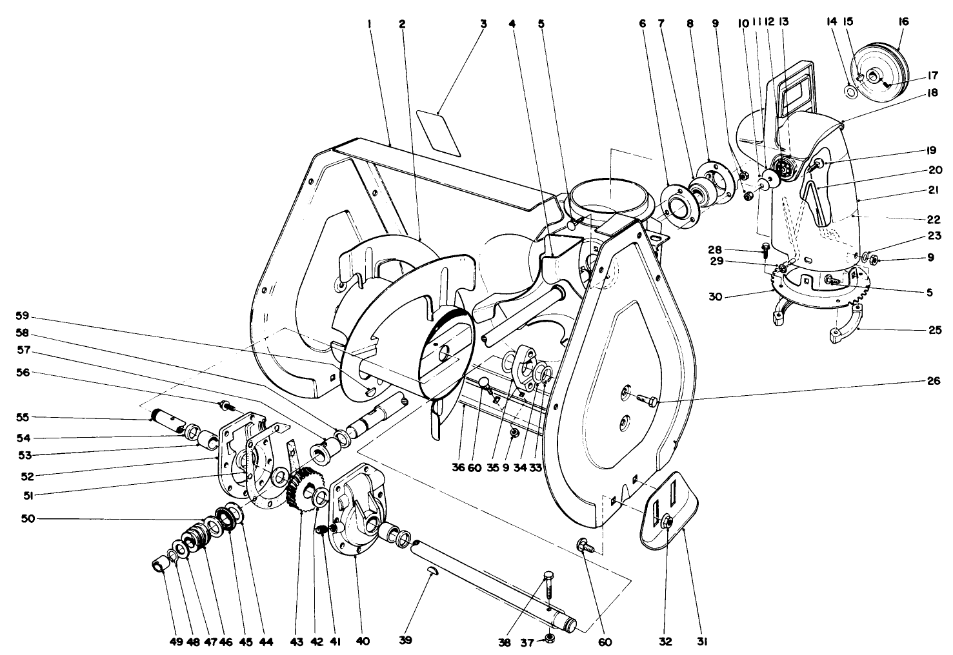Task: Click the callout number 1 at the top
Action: point(369,24)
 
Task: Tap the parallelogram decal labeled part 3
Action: point(438,132)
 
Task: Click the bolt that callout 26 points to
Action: point(646,400)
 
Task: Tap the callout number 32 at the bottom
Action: point(665,641)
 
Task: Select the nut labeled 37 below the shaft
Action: point(550,638)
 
